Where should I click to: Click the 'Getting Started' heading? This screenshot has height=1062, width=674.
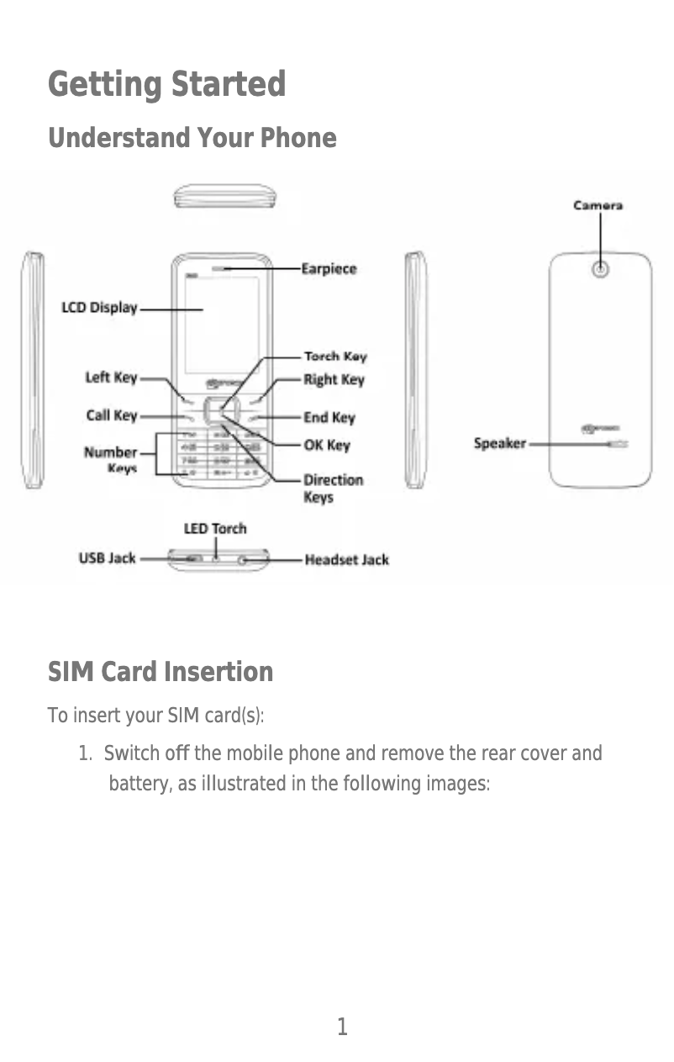point(166,85)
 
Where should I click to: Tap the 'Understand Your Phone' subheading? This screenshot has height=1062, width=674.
point(192,138)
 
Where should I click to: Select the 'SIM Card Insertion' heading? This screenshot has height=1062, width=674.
point(160,673)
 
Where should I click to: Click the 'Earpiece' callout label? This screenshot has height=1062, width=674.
point(329,269)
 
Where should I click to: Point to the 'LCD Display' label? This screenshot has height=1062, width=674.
point(99,308)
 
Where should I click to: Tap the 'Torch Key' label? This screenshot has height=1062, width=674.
point(334,357)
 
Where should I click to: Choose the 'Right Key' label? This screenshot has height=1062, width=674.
point(334,380)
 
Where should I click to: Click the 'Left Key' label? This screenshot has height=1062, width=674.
point(111,378)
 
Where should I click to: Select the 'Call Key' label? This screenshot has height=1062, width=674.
point(112,415)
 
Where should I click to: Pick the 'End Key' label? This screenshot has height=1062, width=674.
point(329,418)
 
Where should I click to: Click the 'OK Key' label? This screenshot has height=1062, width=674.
point(326,445)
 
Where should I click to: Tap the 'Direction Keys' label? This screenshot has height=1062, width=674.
point(333,489)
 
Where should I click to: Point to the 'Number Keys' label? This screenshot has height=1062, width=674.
point(111,460)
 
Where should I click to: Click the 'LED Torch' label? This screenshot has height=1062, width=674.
point(215,529)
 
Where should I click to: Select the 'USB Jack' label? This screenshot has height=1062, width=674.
point(107,557)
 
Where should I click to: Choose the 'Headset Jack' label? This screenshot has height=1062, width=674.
point(346,559)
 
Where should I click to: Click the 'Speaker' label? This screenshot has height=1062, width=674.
point(499,443)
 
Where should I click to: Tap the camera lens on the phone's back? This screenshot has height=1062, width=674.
point(600,270)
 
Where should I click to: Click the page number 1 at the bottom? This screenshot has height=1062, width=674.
point(342,1027)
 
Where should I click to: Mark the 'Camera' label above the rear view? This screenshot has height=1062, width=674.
point(598,205)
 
